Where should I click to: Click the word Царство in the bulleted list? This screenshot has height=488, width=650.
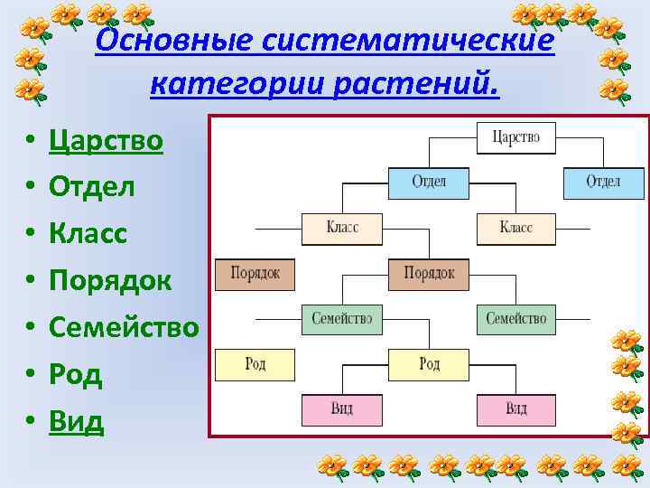click(x=106, y=141)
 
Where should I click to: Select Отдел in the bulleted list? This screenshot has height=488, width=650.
click(x=92, y=187)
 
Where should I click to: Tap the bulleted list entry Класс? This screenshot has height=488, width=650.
click(x=88, y=234)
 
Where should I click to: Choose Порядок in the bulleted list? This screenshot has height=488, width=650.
click(x=110, y=281)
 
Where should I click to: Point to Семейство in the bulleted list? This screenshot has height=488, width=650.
click(x=124, y=327)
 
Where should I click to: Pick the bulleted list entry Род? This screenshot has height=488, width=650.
click(x=76, y=374)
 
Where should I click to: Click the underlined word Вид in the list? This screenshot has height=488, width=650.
click(x=77, y=421)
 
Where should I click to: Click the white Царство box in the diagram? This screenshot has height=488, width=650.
click(x=515, y=137)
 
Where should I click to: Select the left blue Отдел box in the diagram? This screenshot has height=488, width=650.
click(x=429, y=182)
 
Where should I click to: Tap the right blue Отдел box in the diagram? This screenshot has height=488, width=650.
click(x=603, y=182)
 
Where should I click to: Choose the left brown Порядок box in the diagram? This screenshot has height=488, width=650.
click(x=255, y=273)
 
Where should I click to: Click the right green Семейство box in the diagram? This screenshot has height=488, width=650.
click(x=515, y=318)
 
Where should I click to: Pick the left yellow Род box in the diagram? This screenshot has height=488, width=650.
click(x=255, y=364)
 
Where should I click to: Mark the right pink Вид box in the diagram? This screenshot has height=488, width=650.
click(x=515, y=409)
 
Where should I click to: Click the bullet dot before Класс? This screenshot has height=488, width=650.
click(x=30, y=235)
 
